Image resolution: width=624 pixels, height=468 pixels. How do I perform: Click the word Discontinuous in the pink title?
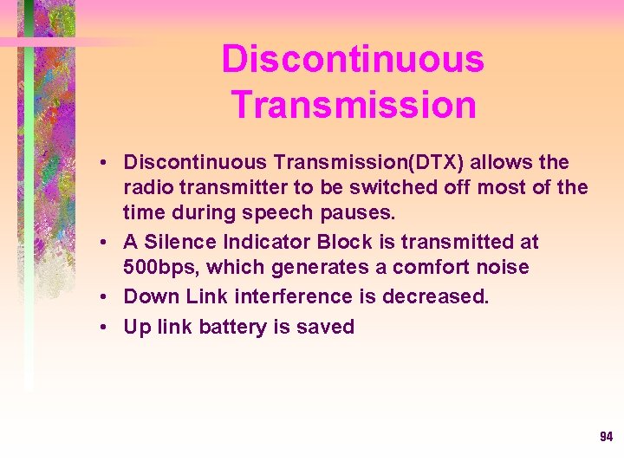[x=353, y=60]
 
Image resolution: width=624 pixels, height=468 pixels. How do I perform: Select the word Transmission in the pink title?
[x=354, y=105]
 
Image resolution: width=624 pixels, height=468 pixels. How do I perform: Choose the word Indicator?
[x=263, y=242]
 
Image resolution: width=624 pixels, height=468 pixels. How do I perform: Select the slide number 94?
[x=606, y=437]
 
